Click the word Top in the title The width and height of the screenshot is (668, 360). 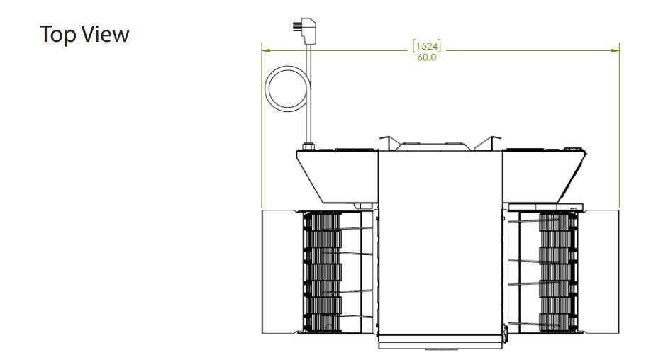57,35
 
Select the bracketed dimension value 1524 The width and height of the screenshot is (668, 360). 426,46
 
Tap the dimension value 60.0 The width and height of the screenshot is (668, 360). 426,57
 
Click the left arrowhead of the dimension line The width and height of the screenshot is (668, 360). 266,50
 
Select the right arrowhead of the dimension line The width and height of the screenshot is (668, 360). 614,50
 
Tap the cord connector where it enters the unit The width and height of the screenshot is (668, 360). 308,147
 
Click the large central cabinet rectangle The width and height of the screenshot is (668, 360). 440,242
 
